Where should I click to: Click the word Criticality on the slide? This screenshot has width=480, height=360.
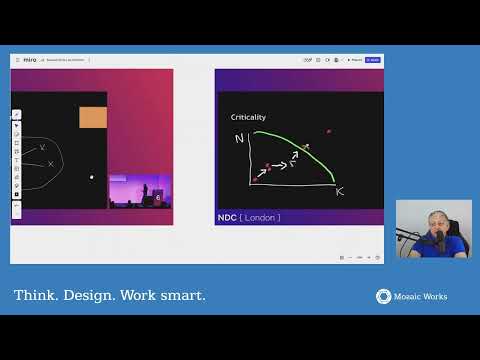point(248,118)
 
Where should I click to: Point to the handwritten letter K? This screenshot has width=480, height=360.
point(339,190)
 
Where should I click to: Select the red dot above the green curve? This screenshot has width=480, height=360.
point(328,131)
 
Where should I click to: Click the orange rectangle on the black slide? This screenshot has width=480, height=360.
point(93,117)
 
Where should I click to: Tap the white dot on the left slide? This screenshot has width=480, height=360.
point(92,177)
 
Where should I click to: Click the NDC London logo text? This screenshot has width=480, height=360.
point(249,217)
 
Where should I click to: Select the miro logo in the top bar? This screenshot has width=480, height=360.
point(29,60)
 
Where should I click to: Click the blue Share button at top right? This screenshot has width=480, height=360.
point(372,60)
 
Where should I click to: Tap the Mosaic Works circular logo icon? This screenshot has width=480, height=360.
point(383,296)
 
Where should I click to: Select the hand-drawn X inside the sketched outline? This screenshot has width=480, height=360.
point(42,148)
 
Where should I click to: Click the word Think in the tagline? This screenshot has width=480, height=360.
point(35,296)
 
